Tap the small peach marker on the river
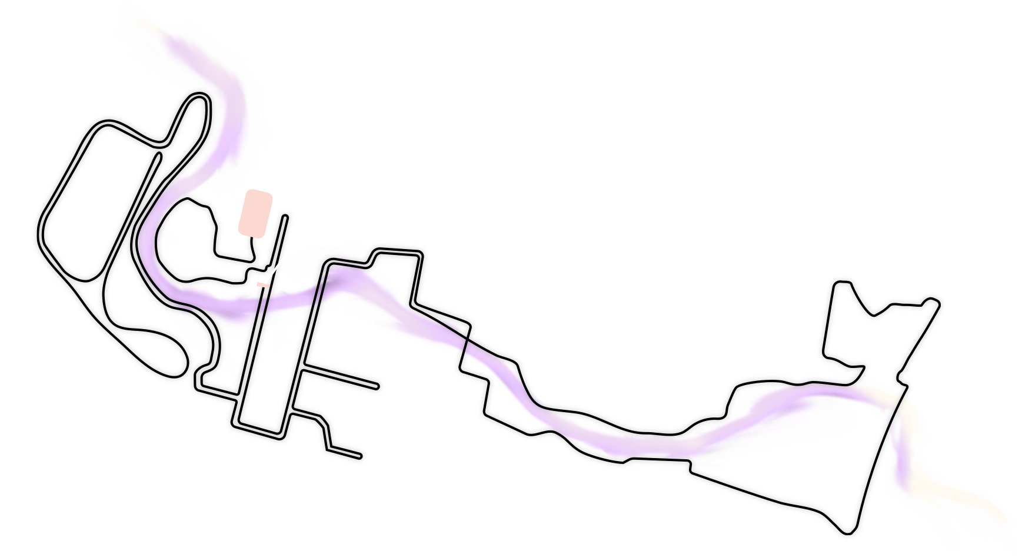click(x=263, y=286)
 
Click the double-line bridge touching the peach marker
click(x=261, y=306)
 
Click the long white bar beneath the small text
click(x=435, y=456)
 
